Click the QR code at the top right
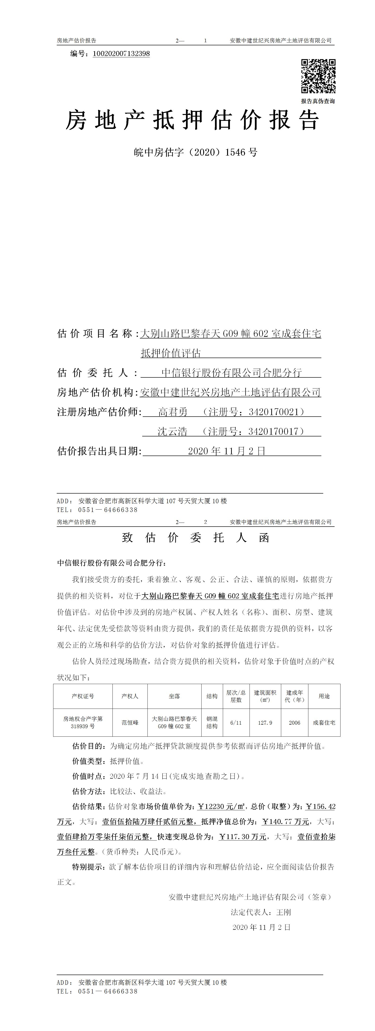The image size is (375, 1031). click(x=318, y=76)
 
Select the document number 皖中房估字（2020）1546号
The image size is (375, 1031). click(x=195, y=152)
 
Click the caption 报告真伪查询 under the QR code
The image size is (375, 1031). click(x=318, y=101)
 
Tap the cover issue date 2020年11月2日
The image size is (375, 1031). click(x=227, y=451)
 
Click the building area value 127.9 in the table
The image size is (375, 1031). click(x=265, y=723)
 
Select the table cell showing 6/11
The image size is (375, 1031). click(x=236, y=723)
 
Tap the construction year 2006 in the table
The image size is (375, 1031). click(x=294, y=723)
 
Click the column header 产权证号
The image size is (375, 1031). click(x=83, y=696)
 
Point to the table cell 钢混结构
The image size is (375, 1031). click(x=212, y=723)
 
